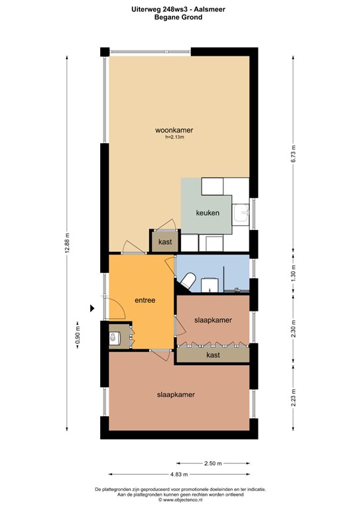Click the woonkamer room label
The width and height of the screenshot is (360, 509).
coord(174,130)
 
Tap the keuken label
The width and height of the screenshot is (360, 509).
coord(208,213)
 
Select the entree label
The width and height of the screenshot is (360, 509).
coord(145,300)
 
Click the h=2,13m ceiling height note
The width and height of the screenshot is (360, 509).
coord(174,137)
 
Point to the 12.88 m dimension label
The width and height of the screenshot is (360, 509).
coord(67,243)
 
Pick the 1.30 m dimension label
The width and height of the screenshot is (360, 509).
coord(294,273)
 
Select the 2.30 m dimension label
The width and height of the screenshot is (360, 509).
coord(294,329)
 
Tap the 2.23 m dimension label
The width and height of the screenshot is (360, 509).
coord(294,398)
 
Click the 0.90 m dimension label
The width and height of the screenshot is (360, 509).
coord(78,335)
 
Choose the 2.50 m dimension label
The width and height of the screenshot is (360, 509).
coord(213,463)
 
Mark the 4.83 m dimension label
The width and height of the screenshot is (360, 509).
coord(179,475)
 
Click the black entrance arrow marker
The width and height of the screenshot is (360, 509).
coord(92,308)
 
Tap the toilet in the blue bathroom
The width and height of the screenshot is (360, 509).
coord(188,280)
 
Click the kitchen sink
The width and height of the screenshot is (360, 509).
coord(241,213)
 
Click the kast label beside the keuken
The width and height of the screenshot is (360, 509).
coord(165,242)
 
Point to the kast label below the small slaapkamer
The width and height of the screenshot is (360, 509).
coord(213,355)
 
